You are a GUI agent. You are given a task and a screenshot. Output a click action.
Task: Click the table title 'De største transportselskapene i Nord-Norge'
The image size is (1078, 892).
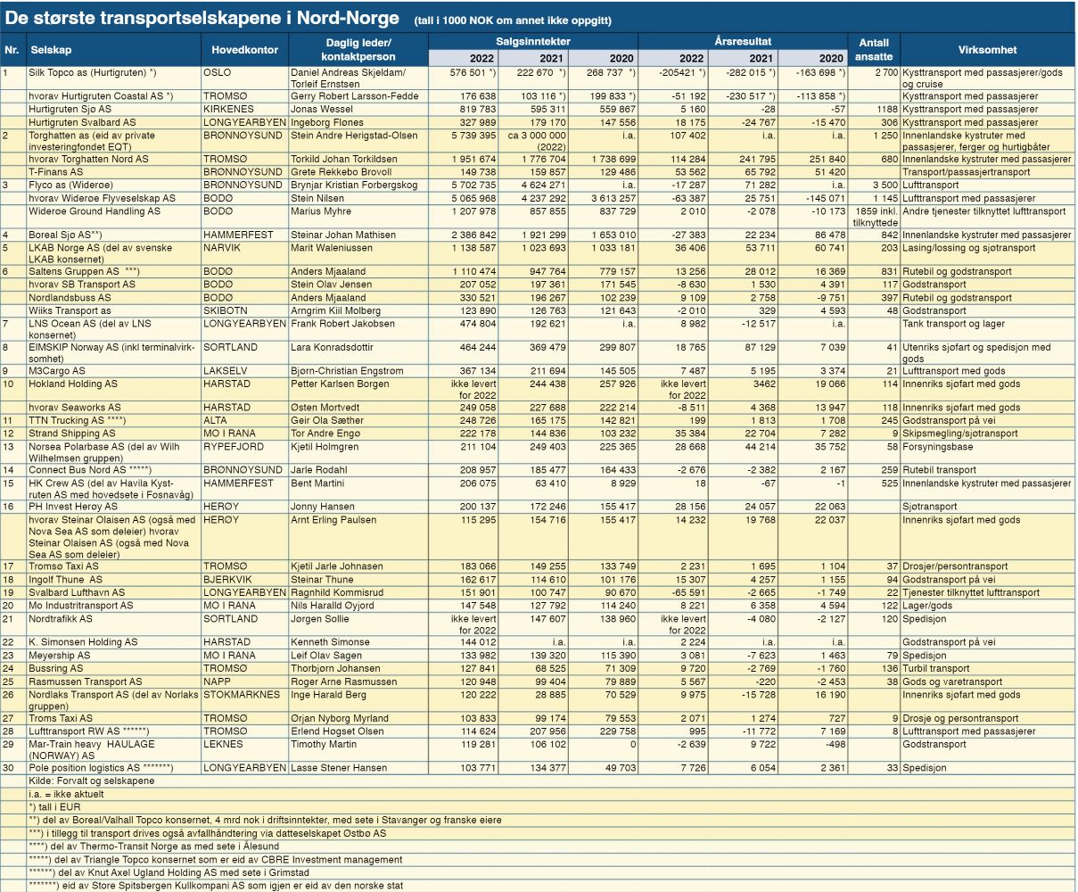coord(202,18)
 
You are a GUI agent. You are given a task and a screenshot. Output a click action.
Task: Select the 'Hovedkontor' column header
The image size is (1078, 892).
coord(244,50)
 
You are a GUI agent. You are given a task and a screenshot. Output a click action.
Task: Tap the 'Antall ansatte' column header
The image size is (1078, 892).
coord(874,50)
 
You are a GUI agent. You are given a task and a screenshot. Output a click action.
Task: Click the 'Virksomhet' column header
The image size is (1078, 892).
coord(987,50)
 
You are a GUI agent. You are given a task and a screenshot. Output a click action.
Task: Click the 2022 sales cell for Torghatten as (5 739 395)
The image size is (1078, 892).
coord(473,136)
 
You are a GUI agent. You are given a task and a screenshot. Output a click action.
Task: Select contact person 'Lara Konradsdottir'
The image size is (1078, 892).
coord(332,347)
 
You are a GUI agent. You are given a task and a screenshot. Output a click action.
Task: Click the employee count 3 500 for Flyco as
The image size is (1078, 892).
coord(885,185)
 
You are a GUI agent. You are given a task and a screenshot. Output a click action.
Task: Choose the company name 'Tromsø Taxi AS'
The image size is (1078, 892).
coord(63,566)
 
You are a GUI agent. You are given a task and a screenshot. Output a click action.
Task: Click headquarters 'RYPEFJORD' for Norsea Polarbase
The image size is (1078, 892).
coord(234,447)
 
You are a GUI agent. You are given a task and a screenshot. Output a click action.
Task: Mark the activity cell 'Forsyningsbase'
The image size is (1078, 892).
coord(937,447)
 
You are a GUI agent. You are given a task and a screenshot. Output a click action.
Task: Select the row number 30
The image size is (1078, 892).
coord(8,768)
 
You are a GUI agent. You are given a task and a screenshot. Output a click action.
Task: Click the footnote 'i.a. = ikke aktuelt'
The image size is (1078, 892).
coord(66,795)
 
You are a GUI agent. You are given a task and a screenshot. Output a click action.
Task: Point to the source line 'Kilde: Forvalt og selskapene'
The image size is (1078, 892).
coord(91,781)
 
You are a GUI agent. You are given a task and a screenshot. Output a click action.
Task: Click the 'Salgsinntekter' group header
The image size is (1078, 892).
coord(533,41)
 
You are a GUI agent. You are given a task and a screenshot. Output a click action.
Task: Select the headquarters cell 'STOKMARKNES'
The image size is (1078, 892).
coord(242,695)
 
